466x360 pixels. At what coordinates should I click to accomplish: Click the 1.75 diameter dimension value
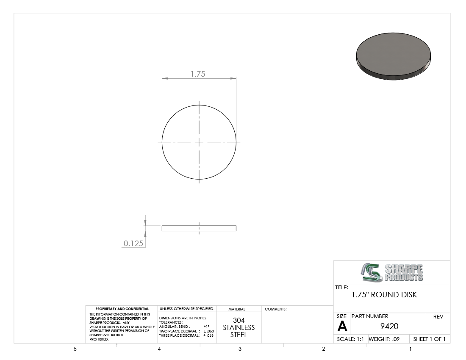click(198, 74)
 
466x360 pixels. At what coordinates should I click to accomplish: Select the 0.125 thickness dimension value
click(133, 243)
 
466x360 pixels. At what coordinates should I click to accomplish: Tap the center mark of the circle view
click(199, 142)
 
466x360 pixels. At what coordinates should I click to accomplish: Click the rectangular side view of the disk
click(199, 228)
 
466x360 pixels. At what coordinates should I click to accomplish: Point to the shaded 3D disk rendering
click(394, 56)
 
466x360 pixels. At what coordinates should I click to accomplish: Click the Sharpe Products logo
click(392, 272)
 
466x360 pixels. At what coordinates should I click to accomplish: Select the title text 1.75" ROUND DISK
click(384, 295)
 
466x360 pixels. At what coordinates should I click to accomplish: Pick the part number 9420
click(389, 327)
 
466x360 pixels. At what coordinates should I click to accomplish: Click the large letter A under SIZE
click(342, 327)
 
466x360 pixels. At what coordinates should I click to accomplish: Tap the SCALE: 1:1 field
click(350, 339)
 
